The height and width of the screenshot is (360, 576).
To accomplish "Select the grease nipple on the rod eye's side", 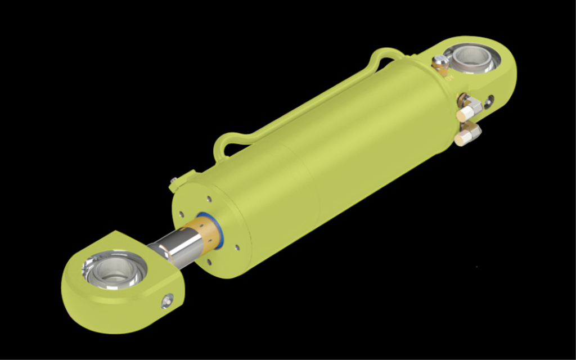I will tap(166, 301).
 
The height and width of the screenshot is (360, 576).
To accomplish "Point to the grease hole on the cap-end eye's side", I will tap(489, 102).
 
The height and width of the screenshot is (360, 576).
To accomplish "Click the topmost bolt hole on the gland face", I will tap(209, 199).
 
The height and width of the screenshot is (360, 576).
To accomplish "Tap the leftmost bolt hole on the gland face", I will tap(181, 214).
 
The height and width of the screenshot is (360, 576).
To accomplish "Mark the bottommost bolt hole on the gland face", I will tap(209, 262).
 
